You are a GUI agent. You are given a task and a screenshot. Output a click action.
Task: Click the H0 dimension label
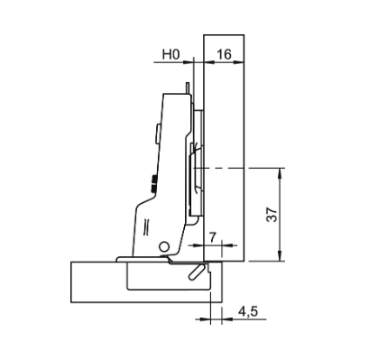pos(170,54)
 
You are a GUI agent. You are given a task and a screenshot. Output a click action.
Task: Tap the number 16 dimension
pos(225,54)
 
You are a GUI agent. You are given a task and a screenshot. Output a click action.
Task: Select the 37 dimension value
pos(272,215)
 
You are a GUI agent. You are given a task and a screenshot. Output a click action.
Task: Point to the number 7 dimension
pos(213,237)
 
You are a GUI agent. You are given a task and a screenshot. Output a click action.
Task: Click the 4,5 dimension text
pos(248,311)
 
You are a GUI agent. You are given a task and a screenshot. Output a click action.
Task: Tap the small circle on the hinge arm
pos(164,247)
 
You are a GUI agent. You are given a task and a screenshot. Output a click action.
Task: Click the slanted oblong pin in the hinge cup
pos(196,272)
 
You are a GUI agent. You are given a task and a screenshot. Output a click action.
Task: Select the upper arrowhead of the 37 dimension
pos(280,173)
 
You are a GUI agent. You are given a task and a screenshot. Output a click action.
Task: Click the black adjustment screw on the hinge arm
pos(153,183)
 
